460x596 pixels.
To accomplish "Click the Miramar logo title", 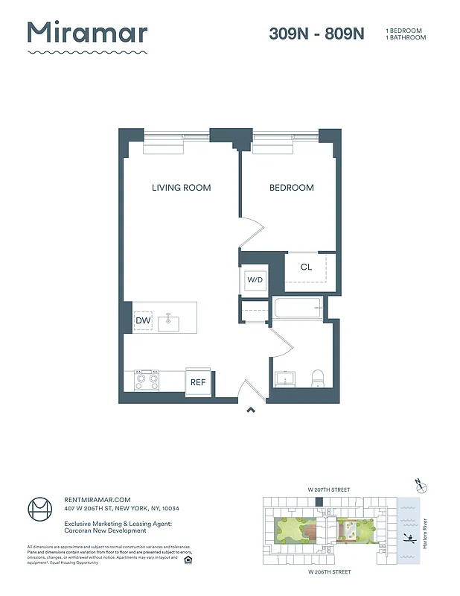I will pyautogui.click(x=87, y=34).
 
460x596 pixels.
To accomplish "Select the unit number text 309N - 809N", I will pyautogui.click(x=316, y=34).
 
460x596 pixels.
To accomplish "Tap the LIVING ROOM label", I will pyautogui.click(x=181, y=188).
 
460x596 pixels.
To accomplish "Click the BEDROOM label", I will pyautogui.click(x=291, y=188).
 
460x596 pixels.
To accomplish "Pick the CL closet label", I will pyautogui.click(x=306, y=267).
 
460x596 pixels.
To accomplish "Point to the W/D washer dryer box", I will pyautogui.click(x=255, y=280).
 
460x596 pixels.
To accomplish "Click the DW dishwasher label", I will pyautogui.click(x=143, y=321).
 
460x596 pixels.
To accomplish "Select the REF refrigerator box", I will pyautogui.click(x=198, y=382).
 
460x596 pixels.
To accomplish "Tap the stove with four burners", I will pyautogui.click(x=147, y=381).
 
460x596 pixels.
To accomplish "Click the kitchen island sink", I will pyautogui.click(x=169, y=321).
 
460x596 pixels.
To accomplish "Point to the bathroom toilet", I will pyautogui.click(x=316, y=378).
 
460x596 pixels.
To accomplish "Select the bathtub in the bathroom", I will pyautogui.click(x=297, y=308).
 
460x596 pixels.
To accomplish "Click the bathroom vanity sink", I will pyautogui.click(x=284, y=378).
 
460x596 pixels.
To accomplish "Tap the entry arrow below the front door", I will pyautogui.click(x=251, y=409).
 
